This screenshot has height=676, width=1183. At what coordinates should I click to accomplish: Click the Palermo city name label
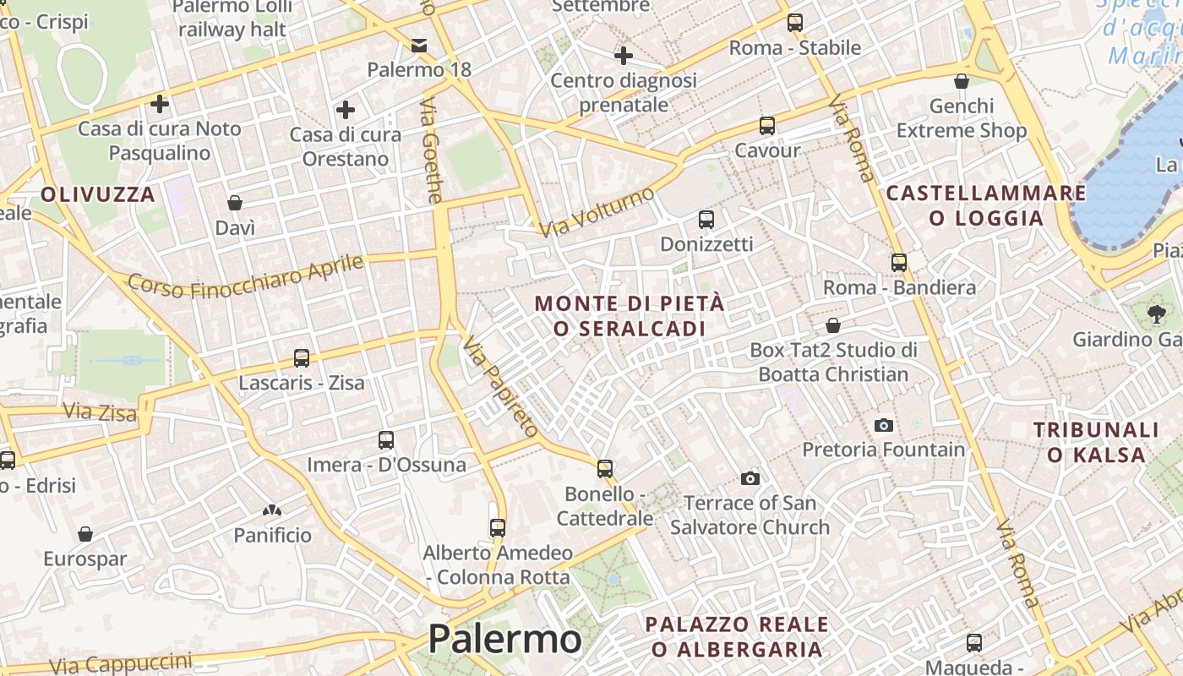504,639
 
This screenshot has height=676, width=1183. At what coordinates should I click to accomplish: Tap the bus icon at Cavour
767,126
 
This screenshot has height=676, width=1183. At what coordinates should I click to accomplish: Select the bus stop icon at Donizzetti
706,220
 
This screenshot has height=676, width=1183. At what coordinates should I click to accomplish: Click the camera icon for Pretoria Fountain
884,425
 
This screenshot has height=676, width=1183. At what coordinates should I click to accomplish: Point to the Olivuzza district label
98,194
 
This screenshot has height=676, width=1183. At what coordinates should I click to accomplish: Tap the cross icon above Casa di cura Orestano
345,110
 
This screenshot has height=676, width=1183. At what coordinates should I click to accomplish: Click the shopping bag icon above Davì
235,203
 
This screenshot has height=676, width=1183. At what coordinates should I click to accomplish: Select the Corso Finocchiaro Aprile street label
246,275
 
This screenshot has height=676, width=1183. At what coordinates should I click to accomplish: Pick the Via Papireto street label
500,387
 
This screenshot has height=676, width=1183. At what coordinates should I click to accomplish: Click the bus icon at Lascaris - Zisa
302,358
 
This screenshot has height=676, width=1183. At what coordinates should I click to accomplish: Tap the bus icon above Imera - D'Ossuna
386,440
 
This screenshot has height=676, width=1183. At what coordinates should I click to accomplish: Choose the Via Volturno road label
597,212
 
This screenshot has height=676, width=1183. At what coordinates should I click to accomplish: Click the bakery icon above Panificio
272,510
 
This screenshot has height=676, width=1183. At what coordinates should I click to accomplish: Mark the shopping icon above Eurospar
84,534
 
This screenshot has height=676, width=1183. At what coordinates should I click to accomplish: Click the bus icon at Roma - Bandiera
899,263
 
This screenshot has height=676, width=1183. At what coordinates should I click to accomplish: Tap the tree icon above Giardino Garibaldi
1155,314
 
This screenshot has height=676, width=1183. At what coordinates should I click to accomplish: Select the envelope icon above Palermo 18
419,45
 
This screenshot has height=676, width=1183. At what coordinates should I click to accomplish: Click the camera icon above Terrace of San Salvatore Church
750,479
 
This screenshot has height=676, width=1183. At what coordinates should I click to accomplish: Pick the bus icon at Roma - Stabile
795,23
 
